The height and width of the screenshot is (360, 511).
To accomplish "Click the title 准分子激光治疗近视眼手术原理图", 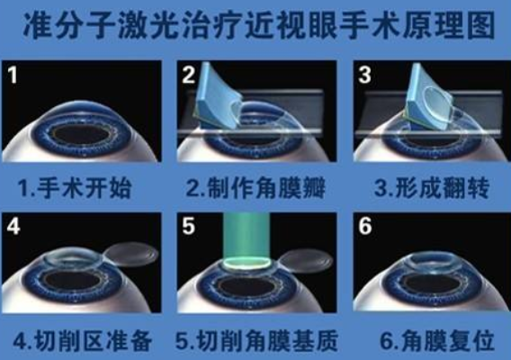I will coord(255,23).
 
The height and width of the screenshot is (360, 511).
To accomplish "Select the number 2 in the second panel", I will coord(187,75).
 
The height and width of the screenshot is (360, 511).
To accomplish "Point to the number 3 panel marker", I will coord(363,75).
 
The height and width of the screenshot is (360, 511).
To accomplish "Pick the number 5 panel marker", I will coord(187,226).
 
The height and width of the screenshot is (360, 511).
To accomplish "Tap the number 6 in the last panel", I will coord(364,227).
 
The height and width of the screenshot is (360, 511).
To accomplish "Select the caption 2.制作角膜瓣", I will coord(255,190).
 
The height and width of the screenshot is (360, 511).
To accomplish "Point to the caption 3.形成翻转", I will coord(430,190).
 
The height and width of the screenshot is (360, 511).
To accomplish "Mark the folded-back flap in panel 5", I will coord(301,261).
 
